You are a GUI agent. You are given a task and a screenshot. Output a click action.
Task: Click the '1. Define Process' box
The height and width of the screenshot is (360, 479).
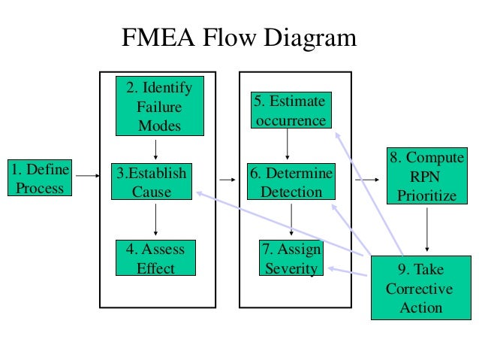(40, 177)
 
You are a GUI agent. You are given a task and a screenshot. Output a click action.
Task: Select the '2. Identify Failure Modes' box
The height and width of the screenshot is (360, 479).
(160, 106)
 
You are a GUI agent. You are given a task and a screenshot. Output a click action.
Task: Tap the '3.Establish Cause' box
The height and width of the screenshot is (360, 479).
(152, 181)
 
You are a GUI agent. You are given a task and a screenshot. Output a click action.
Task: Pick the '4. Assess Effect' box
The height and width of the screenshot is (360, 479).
(156, 258)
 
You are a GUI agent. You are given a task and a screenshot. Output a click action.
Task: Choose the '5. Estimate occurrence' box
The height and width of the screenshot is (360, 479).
(291, 110)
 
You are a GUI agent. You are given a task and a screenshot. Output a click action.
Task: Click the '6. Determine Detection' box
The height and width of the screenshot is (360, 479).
(291, 181)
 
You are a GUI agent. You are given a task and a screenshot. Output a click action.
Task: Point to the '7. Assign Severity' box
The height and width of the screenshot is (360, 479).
(291, 258)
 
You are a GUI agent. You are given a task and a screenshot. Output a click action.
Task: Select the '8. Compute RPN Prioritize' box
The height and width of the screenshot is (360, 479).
(427, 176)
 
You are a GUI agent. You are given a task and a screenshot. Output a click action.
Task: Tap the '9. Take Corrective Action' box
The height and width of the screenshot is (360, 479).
(421, 288)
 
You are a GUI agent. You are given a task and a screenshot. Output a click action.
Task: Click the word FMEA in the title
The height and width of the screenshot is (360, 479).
(158, 38)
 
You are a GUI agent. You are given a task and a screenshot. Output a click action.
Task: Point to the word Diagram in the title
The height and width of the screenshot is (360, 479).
(310, 38)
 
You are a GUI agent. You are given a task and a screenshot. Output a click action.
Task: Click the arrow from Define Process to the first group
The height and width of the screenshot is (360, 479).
(88, 176)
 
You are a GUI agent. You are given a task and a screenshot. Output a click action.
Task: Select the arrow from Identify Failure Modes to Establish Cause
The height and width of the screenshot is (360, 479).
(156, 150)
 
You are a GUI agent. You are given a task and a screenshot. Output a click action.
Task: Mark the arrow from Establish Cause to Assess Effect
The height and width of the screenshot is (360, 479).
(156, 219)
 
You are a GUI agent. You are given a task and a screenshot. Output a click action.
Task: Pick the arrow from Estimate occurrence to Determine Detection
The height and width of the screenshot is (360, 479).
(287, 144)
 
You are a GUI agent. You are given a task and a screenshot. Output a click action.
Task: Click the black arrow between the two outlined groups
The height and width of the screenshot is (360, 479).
(227, 180)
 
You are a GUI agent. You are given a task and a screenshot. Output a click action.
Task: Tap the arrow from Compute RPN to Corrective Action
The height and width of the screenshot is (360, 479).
(427, 230)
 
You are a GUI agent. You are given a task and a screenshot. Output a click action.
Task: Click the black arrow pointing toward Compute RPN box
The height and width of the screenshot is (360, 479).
(367, 180)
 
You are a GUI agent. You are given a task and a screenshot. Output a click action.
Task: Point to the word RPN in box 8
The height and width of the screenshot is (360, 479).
(425, 177)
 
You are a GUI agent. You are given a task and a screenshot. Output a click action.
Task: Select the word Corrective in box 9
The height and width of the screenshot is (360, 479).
(419, 289)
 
